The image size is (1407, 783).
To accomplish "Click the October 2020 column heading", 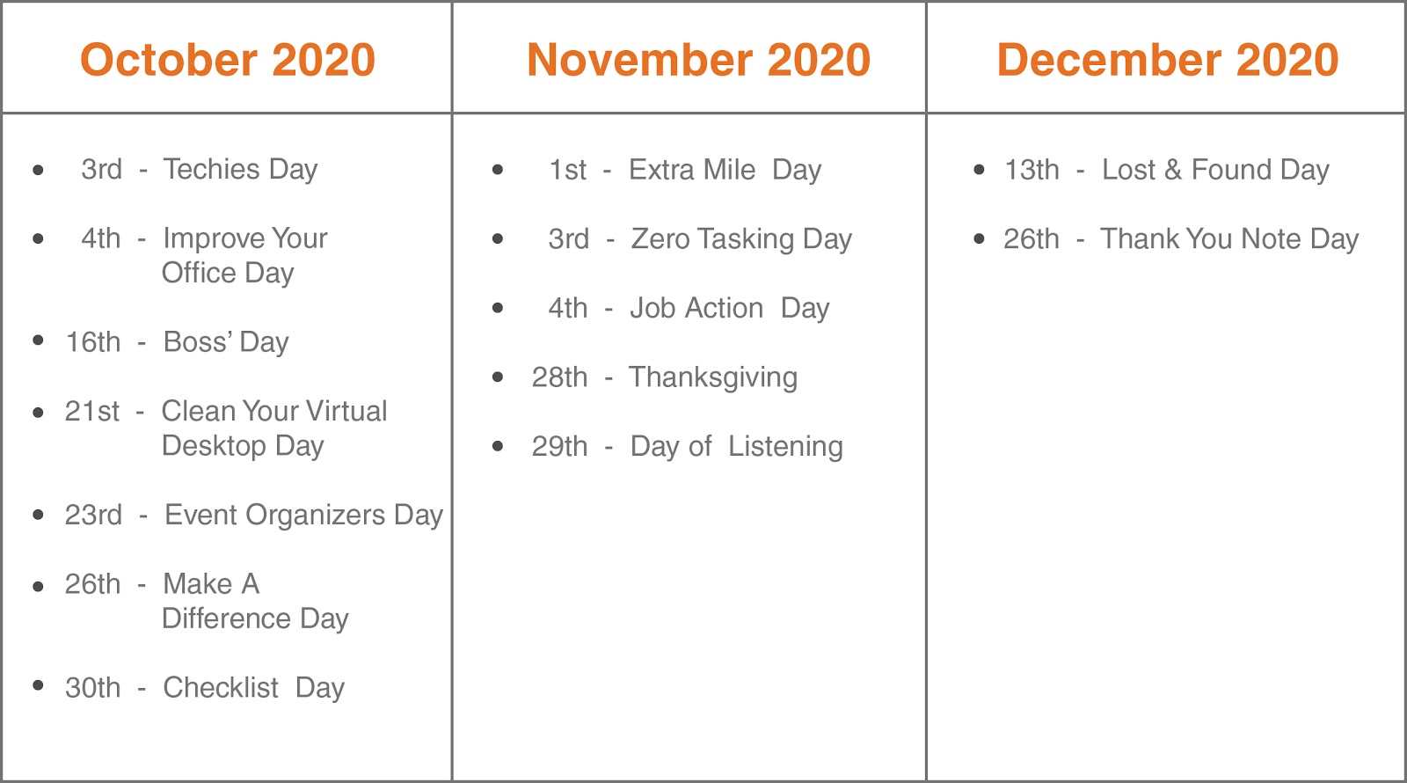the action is point(228,60).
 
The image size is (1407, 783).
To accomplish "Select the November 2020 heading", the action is point(698,60).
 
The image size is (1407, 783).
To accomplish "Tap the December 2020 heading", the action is point(1168,60).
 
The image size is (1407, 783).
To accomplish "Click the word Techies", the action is point(211,169).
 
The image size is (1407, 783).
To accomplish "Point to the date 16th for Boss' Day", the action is point(93,342).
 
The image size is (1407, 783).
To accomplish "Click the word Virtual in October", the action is point(346,411).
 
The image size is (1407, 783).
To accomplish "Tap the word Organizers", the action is point(315,516).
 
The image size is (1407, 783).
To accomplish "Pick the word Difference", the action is point(226,618).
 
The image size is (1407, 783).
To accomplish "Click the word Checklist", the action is point(221,687).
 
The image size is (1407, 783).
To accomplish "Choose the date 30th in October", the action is point(93,687).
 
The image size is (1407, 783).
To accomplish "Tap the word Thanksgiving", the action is point(713,377).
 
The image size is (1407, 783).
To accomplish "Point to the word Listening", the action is point(785,447).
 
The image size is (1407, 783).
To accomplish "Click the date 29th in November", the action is point(559,446).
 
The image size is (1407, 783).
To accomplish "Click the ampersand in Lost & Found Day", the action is point(1173,170).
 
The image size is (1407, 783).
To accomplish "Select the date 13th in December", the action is point(1032,170).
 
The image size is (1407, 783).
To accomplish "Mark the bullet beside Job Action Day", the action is point(498,308).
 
